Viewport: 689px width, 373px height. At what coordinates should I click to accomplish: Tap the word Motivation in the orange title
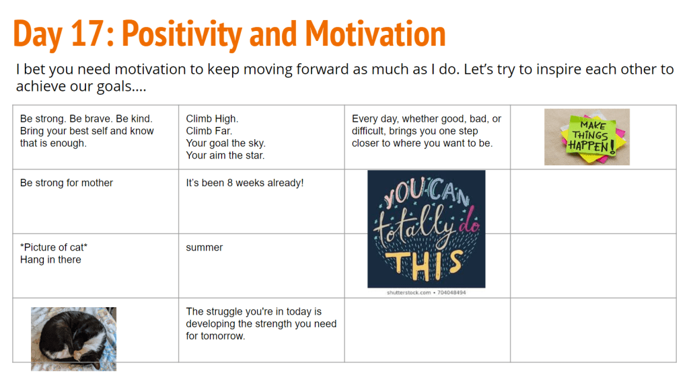tap(375, 34)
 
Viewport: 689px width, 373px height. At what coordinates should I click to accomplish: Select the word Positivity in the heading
tap(182, 35)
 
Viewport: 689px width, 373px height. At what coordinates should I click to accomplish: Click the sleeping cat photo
tap(73, 339)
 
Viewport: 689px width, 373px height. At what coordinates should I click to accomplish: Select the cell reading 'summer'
tap(205, 247)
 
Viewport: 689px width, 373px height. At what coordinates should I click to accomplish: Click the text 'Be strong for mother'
tap(67, 183)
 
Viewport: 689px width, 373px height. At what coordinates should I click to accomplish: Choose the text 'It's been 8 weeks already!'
tap(245, 183)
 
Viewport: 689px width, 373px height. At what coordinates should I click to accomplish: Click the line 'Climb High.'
tap(212, 119)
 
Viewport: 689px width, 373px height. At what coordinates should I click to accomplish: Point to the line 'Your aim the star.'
tap(225, 155)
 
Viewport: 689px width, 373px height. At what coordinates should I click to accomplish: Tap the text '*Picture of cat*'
tap(54, 247)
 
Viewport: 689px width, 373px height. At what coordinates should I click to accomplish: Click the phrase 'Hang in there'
tap(50, 260)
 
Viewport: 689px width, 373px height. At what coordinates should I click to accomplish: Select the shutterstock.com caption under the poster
tap(426, 293)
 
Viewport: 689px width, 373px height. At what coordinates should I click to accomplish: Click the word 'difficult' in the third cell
tap(371, 131)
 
